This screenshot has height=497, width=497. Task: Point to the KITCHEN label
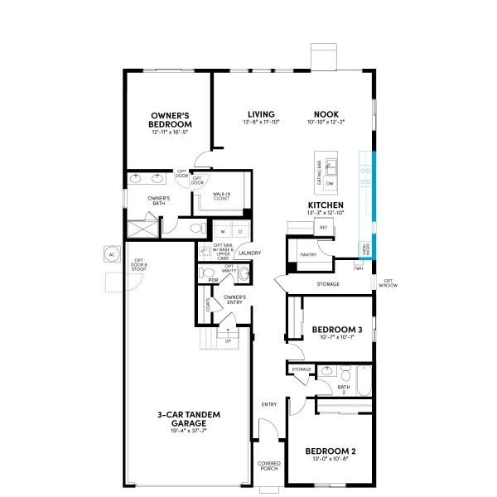(x=325, y=205)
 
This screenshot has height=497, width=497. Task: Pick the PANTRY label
(x=308, y=254)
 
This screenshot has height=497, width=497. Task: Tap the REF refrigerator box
(x=323, y=227)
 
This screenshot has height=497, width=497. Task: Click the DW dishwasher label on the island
(x=329, y=185)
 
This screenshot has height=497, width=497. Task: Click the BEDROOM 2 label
(x=330, y=451)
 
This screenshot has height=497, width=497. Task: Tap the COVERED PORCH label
(x=269, y=466)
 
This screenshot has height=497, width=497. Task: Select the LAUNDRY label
(x=250, y=253)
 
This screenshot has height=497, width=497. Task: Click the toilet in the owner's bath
(x=196, y=227)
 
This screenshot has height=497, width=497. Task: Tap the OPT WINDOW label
(x=388, y=283)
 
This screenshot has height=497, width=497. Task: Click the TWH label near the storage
(x=359, y=268)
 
